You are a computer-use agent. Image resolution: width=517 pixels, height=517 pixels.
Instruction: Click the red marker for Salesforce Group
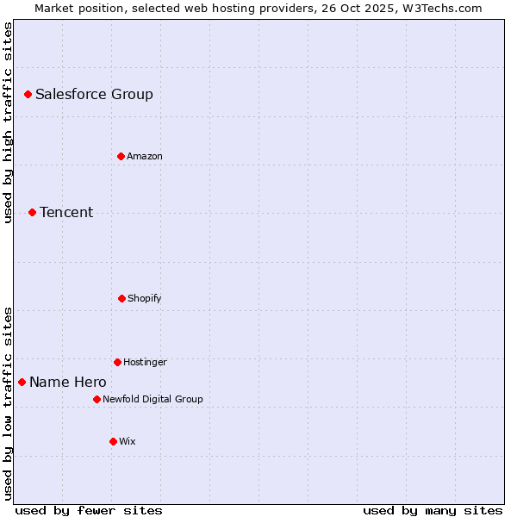pos(28,94)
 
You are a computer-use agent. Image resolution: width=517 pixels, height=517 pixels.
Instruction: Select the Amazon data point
pos(121,156)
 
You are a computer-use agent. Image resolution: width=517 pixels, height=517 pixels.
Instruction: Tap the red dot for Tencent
pos(32,212)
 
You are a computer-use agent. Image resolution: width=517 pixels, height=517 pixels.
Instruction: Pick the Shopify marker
pos(121,298)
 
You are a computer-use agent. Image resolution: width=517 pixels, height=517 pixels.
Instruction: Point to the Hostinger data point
pos(117,362)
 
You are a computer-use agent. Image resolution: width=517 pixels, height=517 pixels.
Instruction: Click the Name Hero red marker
pos(22,382)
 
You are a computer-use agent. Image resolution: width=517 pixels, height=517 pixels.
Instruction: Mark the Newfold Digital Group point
pos(97,399)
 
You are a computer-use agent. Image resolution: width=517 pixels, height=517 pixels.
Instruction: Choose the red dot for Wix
pos(113,441)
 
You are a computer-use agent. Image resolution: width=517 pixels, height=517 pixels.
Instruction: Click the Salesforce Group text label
pos(94,94)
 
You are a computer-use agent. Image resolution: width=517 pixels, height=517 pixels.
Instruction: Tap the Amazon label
pos(144,156)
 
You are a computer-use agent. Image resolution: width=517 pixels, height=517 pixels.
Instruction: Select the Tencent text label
pos(66,212)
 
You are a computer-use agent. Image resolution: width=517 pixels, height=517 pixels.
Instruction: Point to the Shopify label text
pos(144,298)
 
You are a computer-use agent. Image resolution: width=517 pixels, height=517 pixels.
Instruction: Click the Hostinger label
pos(145,362)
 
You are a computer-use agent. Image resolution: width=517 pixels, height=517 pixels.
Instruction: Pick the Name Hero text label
pos(68,382)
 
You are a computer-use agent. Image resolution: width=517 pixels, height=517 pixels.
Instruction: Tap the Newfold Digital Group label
pos(153,399)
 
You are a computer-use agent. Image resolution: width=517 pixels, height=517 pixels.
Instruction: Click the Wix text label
pos(128,441)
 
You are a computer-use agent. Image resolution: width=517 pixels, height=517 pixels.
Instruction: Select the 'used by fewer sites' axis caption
pos(89,510)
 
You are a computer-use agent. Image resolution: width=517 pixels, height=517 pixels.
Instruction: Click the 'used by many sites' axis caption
pos(433,510)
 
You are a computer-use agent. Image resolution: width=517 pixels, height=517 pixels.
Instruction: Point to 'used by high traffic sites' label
pos(8,122)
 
